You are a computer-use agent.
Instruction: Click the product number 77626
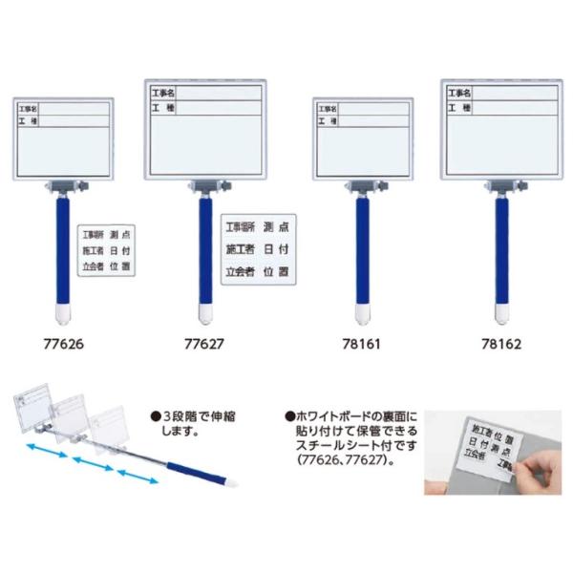click(62, 339)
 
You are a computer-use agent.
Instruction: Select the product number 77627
click(203, 339)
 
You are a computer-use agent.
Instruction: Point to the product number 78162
click(500, 339)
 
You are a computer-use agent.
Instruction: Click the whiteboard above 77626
click(63, 138)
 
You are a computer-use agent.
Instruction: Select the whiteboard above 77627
click(204, 129)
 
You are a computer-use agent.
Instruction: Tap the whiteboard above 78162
click(501, 129)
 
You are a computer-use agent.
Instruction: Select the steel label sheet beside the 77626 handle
click(106, 248)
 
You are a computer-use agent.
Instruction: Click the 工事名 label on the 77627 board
click(163, 94)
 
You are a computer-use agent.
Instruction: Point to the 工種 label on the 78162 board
click(459, 108)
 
